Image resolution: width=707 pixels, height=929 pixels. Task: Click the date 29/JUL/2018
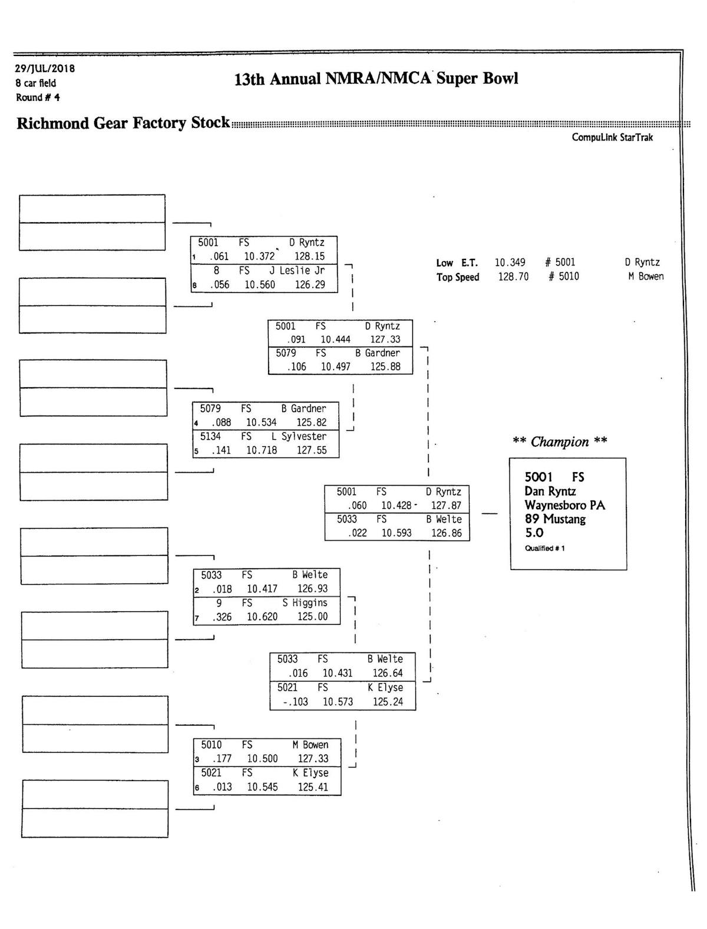[45, 68]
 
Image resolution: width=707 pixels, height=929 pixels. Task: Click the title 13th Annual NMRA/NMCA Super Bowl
[376, 79]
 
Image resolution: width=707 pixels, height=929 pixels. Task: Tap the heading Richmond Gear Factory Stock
[123, 123]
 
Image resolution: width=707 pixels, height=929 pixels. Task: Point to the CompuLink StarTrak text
[612, 137]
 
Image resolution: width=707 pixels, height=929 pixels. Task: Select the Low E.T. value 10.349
[510, 262]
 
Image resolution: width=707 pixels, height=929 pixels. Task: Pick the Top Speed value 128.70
[513, 276]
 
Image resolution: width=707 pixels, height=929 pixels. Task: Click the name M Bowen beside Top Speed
[646, 276]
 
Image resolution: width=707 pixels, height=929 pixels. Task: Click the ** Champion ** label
[559, 442]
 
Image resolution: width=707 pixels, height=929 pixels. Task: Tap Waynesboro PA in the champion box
[564, 505]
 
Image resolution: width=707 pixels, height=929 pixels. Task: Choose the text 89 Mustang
[555, 519]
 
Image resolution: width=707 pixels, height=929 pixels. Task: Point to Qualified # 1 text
[544, 549]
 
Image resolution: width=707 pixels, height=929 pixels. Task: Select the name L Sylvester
[299, 436]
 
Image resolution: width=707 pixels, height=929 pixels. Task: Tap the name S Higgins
[305, 602]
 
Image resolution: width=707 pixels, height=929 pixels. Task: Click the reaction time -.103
[295, 701]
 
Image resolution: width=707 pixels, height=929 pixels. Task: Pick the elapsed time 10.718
[262, 450]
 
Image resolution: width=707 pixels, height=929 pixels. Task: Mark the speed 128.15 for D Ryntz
[309, 256]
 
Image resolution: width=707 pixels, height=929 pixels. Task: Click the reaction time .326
[222, 617]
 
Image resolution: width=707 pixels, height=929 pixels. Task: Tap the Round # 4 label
[38, 97]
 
